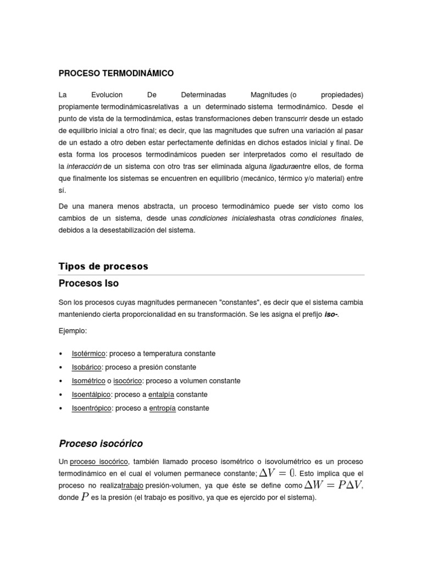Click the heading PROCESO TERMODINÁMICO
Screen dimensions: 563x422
[116, 73]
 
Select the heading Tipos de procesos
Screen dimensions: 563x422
[103, 266]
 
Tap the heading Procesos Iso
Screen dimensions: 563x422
[88, 284]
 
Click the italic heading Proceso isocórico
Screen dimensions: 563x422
[101, 443]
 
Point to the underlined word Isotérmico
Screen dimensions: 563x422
[88, 354]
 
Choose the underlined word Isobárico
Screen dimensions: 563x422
[87, 367]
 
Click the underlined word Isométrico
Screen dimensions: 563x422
[89, 381]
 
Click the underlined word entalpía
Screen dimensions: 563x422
[163, 395]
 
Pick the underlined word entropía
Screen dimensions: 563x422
[162, 409]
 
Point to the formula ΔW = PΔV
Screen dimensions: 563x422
[334, 485]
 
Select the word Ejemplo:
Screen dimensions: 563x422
[73, 331]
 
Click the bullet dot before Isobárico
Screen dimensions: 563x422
[60, 367]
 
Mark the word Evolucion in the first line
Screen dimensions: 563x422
[107, 95]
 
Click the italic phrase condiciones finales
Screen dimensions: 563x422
[330, 219]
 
